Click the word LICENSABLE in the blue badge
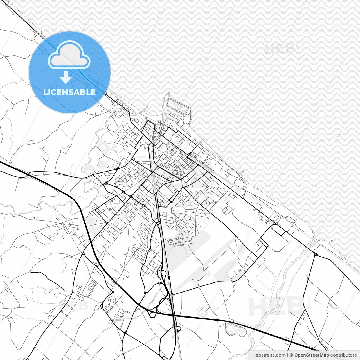(x=69, y=92)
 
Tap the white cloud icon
(x=69, y=55)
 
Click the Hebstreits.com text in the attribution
(x=268, y=355)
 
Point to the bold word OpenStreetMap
(x=311, y=355)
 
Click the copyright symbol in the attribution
(x=291, y=355)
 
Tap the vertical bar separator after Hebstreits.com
(x=287, y=355)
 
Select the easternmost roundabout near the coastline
(x=316, y=254)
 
